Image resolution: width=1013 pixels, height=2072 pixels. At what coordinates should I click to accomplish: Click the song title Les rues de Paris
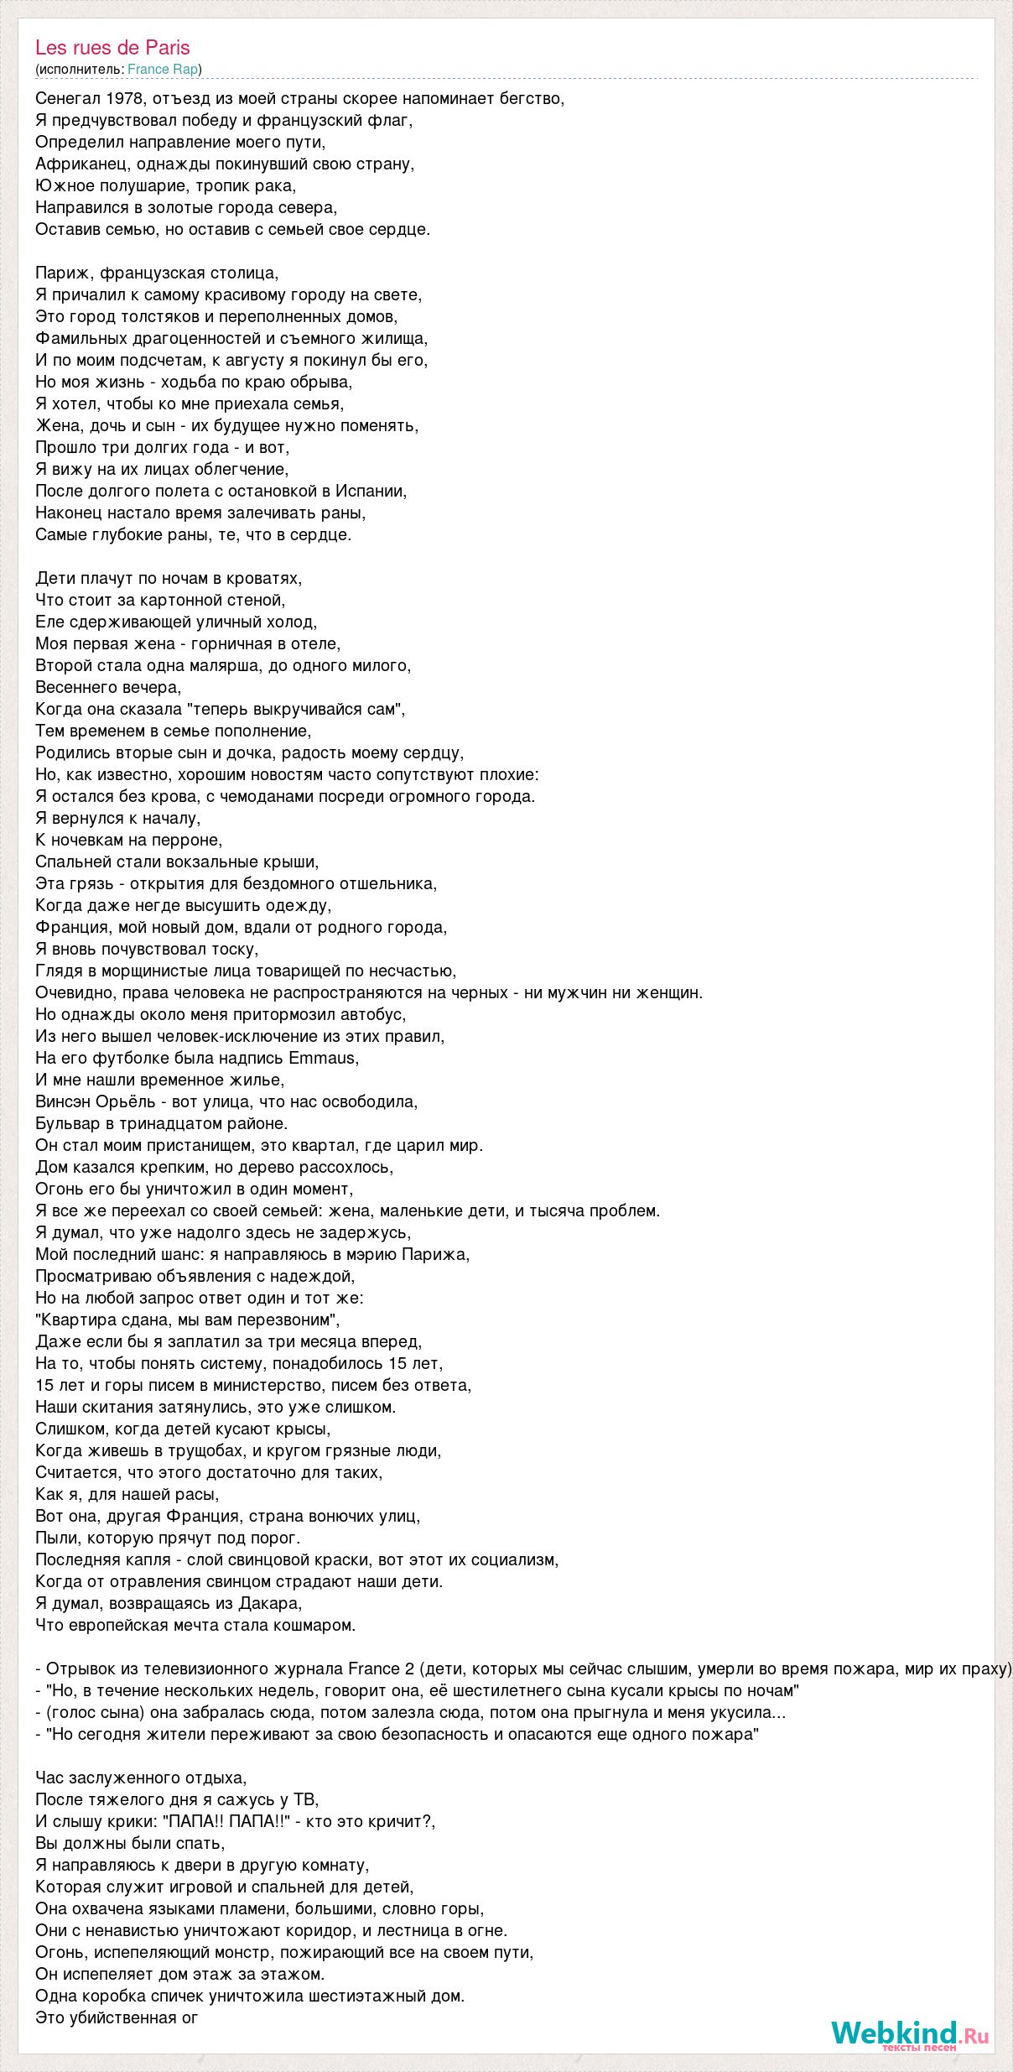tap(112, 48)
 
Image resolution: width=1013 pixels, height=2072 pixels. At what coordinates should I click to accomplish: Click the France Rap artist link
tap(163, 69)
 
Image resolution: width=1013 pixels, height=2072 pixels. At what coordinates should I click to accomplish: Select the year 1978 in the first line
tap(124, 98)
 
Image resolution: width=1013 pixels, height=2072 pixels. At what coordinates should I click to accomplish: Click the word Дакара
tap(272, 1603)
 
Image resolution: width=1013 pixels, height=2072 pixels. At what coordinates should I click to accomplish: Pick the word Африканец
tap(81, 164)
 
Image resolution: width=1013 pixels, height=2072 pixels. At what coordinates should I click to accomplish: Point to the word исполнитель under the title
tap(80, 69)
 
